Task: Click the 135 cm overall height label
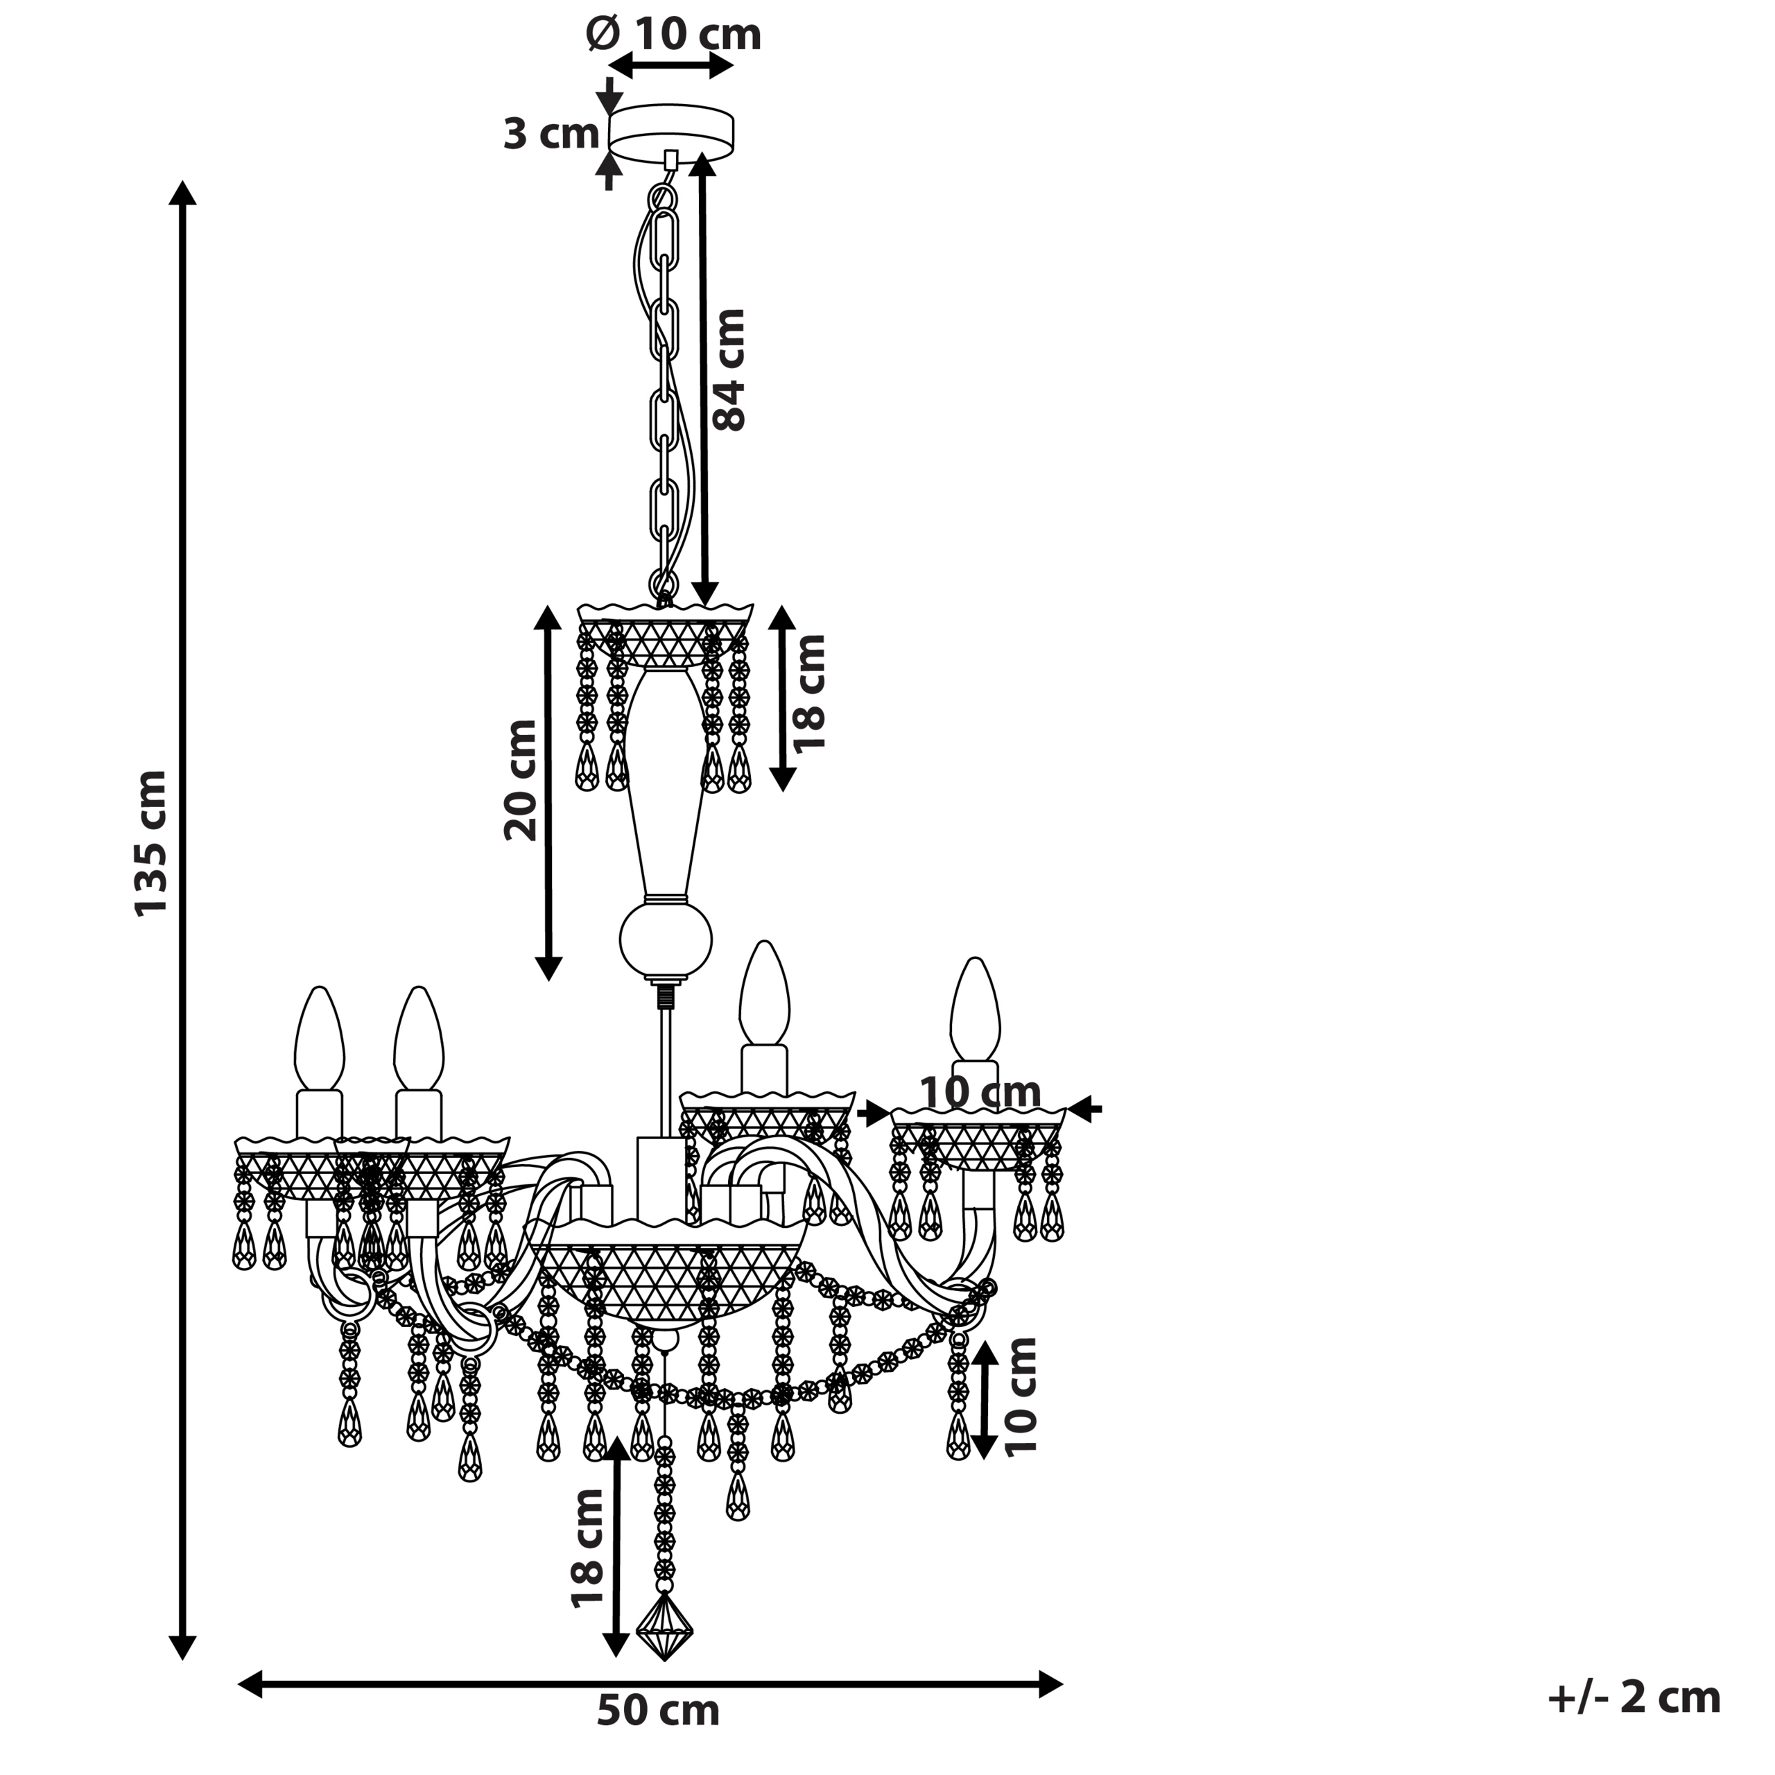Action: pyautogui.click(x=152, y=842)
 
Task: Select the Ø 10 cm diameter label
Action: pyautogui.click(x=673, y=35)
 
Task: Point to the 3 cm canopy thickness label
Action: pyautogui.click(x=551, y=134)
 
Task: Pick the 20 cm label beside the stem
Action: pyautogui.click(x=520, y=780)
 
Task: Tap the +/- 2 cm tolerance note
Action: pyautogui.click(x=1634, y=1697)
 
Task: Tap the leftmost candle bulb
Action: pyautogui.click(x=319, y=1039)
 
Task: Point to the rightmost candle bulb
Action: pyautogui.click(x=975, y=1010)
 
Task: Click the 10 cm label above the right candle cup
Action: pyautogui.click(x=980, y=1092)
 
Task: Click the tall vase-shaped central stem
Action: pyautogui.click(x=665, y=783)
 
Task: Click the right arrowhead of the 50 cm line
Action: pyautogui.click(x=1051, y=1685)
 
